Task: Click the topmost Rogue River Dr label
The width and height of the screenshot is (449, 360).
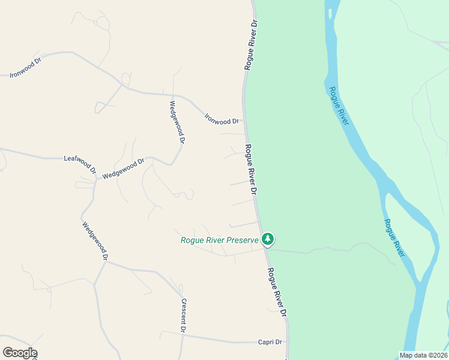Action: point(251,45)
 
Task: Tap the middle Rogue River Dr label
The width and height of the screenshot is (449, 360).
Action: point(251,169)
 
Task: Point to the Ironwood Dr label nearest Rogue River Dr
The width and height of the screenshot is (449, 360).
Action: point(222,118)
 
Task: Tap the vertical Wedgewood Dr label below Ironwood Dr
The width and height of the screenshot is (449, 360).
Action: point(176,121)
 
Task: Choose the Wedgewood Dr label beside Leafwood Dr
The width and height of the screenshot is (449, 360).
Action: point(124,169)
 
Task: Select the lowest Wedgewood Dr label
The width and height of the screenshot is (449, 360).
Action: point(95,241)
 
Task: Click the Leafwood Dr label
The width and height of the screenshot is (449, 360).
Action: point(80,162)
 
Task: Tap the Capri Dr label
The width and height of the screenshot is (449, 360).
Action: point(270,341)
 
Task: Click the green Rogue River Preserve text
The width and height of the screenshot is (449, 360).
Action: point(220,241)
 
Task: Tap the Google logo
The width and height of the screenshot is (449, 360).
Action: point(20,353)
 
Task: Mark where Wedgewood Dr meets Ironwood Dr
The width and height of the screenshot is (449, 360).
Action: point(172,95)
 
